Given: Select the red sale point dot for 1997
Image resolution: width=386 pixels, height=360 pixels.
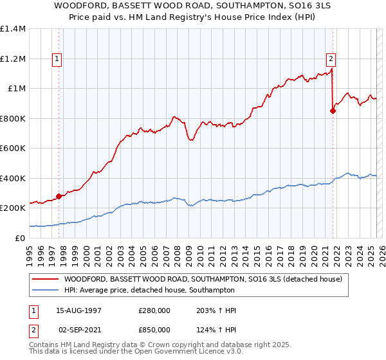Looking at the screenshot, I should [59, 196].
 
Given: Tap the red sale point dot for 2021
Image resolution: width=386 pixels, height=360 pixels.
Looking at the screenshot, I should [333, 111].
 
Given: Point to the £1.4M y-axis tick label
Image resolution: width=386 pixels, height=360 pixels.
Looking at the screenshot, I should [14, 29].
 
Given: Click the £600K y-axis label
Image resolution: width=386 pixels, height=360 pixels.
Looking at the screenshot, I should [14, 148].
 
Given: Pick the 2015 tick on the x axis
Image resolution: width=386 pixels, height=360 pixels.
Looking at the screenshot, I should [257, 251].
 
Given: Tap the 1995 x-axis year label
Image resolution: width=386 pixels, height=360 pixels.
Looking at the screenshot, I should [30, 251].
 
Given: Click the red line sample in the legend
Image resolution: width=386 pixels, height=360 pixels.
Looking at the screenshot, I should [46, 279].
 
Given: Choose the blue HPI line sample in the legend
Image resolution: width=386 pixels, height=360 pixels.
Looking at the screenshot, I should [46, 290].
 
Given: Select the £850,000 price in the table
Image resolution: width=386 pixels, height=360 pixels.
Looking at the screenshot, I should [154, 329].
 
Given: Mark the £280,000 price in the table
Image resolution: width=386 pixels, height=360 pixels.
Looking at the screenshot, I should [154, 310].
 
